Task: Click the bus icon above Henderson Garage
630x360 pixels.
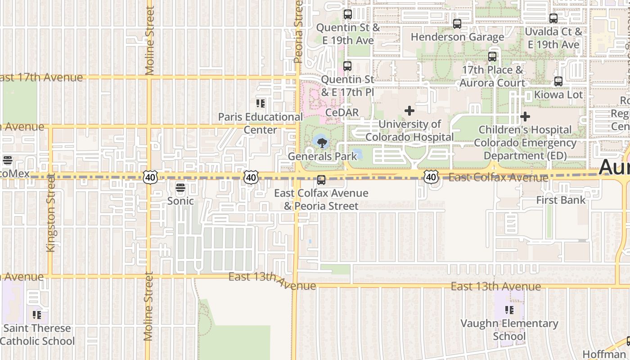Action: [457, 24]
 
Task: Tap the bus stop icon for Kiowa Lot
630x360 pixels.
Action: [558, 81]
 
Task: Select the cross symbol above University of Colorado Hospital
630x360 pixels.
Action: [409, 110]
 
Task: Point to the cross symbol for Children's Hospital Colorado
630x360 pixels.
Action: [525, 117]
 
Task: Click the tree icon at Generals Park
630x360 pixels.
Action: [322, 143]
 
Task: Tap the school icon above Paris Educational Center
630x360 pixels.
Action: [261, 104]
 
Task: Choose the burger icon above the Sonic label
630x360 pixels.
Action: [180, 188]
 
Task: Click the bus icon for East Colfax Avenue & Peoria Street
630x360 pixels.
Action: [321, 180]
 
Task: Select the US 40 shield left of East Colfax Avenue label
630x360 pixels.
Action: [431, 177]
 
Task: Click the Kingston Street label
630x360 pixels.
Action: [51, 212]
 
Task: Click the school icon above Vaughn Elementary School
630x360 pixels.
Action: [509, 310]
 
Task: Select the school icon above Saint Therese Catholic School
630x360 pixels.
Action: [37, 315]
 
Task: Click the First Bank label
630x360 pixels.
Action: [561, 200]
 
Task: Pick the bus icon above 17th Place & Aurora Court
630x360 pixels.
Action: [492, 57]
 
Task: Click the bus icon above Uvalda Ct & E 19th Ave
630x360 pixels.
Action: [553, 18]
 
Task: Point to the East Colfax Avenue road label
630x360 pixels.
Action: [498, 178]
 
